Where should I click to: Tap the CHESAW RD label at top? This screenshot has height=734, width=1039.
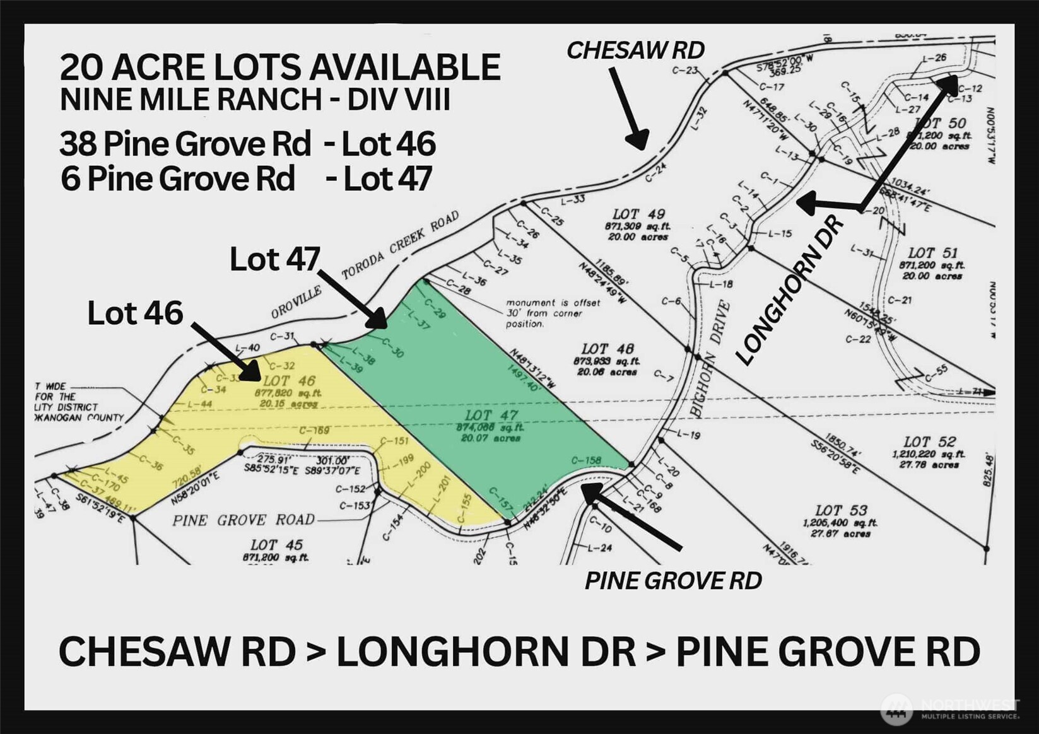pyautogui.click(x=635, y=50)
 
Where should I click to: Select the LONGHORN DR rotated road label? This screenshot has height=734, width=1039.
pyautogui.click(x=790, y=291)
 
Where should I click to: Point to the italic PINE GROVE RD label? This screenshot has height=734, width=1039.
pyautogui.click(x=673, y=581)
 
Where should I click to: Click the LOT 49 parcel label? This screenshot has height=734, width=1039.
pyautogui.click(x=638, y=215)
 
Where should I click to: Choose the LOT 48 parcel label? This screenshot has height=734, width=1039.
pyautogui.click(x=607, y=349)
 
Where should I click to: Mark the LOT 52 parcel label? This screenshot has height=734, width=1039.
pyautogui.click(x=929, y=442)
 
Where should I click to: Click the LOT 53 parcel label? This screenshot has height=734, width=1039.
pyautogui.click(x=841, y=510)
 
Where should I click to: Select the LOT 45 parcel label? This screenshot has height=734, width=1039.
pyautogui.click(x=276, y=545)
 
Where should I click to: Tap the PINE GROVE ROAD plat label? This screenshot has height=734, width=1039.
pyautogui.click(x=244, y=520)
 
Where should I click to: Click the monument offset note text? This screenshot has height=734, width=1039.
pyautogui.click(x=553, y=313)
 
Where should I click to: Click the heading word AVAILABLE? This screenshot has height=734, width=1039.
pyautogui.click(x=385, y=67)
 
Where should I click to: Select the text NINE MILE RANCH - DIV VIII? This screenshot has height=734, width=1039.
pyautogui.click(x=255, y=100)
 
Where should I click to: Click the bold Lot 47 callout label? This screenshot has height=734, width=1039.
pyautogui.click(x=275, y=259)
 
